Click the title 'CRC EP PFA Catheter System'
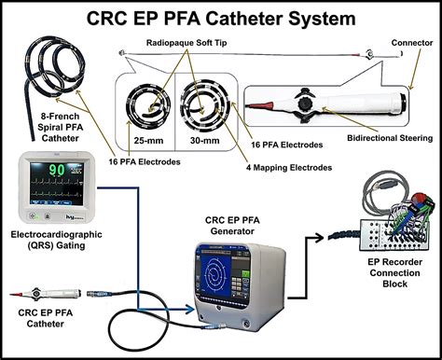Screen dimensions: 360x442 (x=220, y=18)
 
